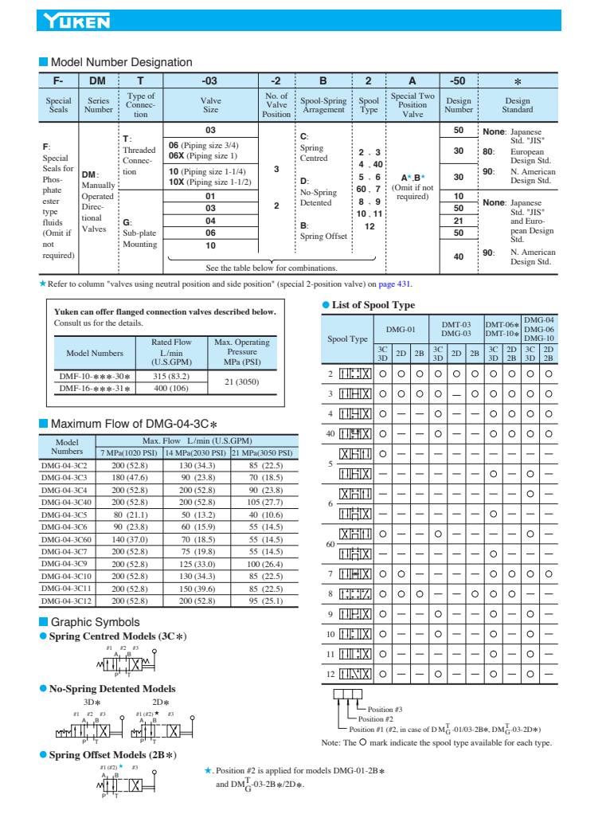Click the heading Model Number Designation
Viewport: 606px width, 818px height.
click(x=121, y=62)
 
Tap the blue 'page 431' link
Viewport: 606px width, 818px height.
click(x=395, y=284)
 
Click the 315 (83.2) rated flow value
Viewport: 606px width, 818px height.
click(x=170, y=376)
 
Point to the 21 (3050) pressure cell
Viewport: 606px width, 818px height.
click(x=241, y=382)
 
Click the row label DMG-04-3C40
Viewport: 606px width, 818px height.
click(x=67, y=502)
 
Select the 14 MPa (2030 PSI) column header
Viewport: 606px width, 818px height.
click(x=196, y=452)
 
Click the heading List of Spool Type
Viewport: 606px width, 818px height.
click(x=373, y=304)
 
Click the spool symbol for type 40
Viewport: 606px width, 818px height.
click(x=355, y=433)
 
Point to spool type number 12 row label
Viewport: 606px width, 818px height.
click(x=330, y=674)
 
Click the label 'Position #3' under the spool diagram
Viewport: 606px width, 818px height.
click(x=385, y=709)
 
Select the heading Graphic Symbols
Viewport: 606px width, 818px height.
click(x=95, y=622)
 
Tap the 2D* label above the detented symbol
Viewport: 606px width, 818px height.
click(x=162, y=702)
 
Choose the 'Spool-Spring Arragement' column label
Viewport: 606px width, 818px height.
click(x=323, y=105)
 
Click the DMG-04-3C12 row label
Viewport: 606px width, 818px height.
click(x=67, y=601)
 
